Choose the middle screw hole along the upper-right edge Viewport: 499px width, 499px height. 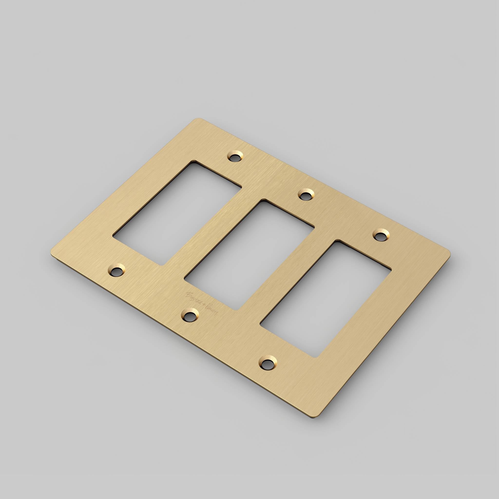click(x=306, y=194)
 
